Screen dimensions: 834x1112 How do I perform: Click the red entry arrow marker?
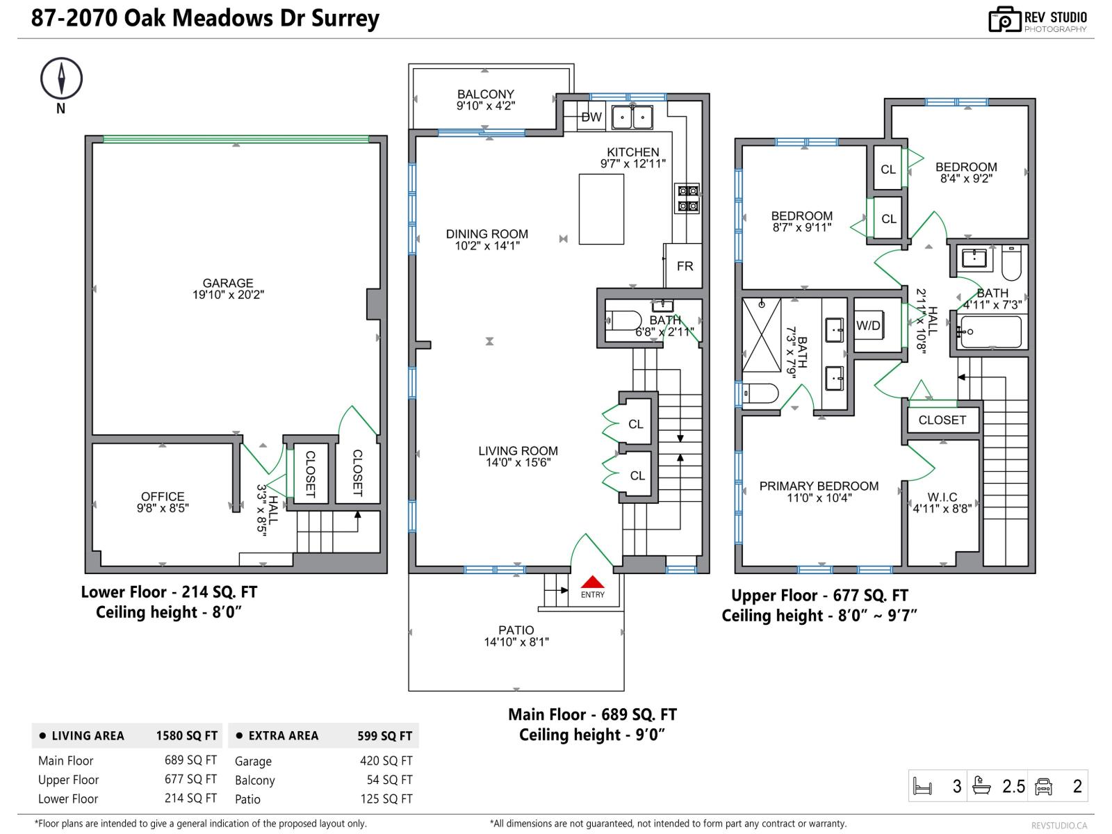pyautogui.click(x=592, y=582)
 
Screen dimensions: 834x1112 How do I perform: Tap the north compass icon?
pyautogui.click(x=61, y=78)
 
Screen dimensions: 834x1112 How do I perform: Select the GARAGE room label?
pyautogui.click(x=228, y=283)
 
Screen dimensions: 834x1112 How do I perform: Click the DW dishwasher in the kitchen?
pyautogui.click(x=591, y=117)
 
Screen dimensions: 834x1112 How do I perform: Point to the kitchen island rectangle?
pyautogui.click(x=601, y=208)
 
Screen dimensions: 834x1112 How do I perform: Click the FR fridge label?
pyautogui.click(x=685, y=265)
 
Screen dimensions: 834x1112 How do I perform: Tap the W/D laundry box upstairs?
pyautogui.click(x=868, y=325)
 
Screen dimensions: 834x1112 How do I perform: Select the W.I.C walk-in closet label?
pyautogui.click(x=942, y=497)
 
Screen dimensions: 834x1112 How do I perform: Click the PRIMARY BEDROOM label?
pyautogui.click(x=819, y=486)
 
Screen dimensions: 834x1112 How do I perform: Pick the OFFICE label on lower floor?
pyautogui.click(x=163, y=496)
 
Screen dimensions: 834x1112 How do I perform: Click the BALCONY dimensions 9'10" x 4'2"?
pyautogui.click(x=485, y=106)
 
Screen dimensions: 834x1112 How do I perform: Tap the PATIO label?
pyautogui.click(x=516, y=630)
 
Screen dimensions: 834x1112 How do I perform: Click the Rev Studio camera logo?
pyautogui.click(x=1004, y=19)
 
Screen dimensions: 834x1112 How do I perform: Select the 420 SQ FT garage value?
pyautogui.click(x=386, y=761)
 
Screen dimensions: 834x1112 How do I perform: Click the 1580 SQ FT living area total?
pyautogui.click(x=186, y=735)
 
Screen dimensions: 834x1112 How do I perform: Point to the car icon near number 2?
pyautogui.click(x=1043, y=786)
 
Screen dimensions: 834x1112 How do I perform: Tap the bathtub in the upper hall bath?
pyautogui.click(x=990, y=332)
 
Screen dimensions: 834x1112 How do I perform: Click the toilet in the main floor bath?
pyautogui.click(x=625, y=321)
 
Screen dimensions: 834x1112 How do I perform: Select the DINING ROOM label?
pyautogui.click(x=486, y=234)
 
